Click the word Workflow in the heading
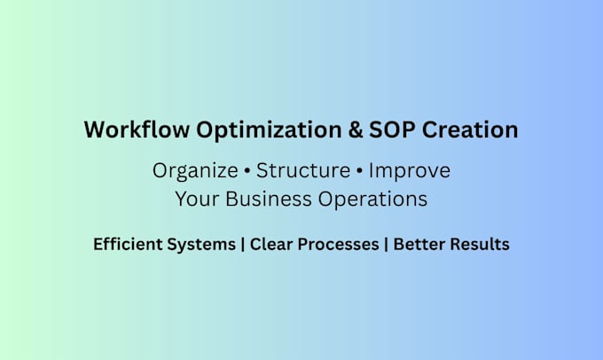pos(137,129)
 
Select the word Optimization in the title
pos(269,130)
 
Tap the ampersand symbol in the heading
pos(356,129)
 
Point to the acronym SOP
pos(392,129)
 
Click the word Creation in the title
pos(470,129)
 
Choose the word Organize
pos(195,171)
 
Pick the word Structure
pos(303,170)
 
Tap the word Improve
pos(410,171)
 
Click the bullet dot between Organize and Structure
pos(247,171)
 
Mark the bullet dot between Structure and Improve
pos(359,171)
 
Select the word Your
pos(197,200)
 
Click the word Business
pos(269,200)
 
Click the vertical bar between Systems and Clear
pos(243,245)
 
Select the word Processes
pos(339,244)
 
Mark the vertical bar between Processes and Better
pos(386,245)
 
